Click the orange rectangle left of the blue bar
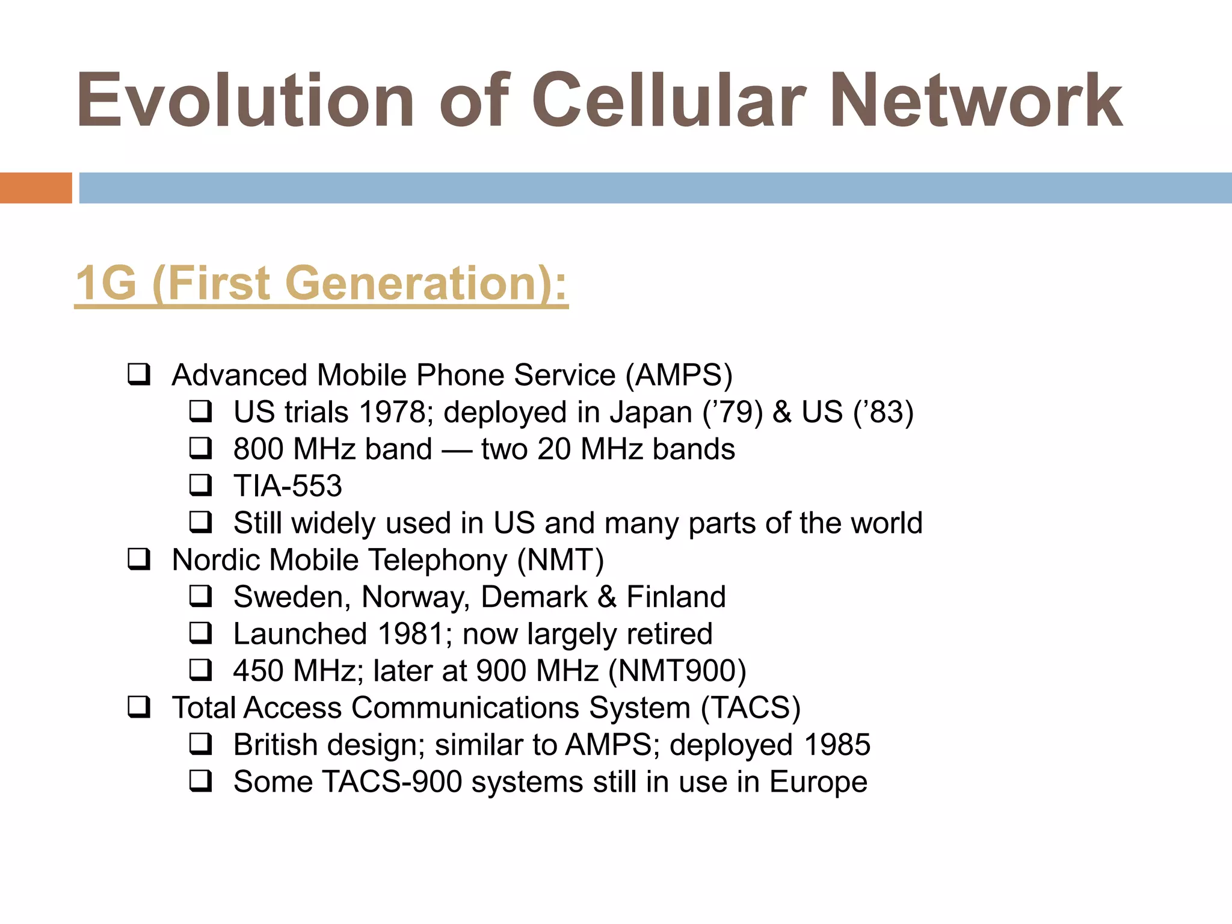35,188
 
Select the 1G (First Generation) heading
321,284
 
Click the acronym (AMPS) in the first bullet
679,375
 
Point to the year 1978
392,413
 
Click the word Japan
651,413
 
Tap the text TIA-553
288,486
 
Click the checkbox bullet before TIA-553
200,485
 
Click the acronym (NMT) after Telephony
561,560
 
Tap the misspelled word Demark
534,597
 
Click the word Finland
676,597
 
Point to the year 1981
411,634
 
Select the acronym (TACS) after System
751,708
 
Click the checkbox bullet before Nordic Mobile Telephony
139,559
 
